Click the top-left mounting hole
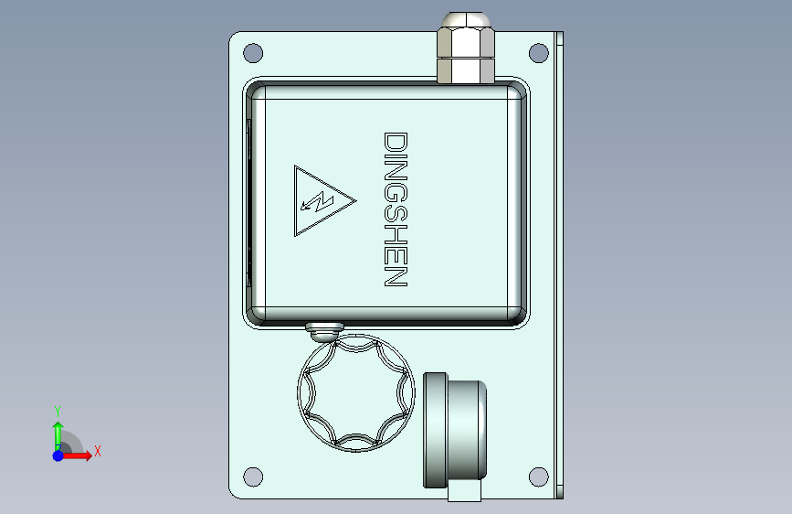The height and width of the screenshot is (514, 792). pos(253,53)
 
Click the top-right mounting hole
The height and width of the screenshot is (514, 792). pos(538,53)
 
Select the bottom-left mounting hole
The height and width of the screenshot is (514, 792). pos(253,477)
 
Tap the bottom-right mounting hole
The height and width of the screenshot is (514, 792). pos(538,477)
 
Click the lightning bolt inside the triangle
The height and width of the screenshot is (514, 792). pos(317,201)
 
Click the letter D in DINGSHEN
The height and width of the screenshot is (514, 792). pos(396,142)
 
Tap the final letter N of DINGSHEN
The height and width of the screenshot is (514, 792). pos(396,277)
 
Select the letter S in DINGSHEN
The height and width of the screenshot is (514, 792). pos(396,213)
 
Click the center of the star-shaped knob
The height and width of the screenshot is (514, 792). pos(356,392)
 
